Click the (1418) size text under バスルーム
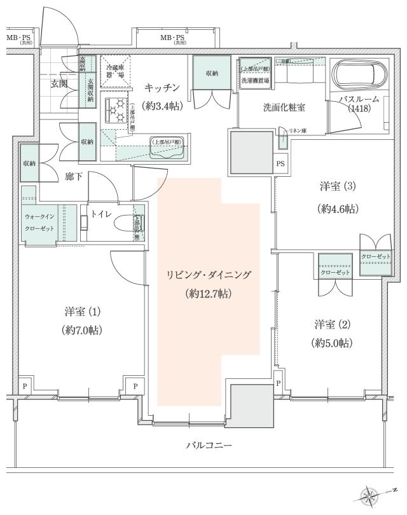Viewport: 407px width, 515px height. pyautogui.click(x=359, y=109)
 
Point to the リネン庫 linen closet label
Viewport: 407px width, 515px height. pyautogui.click(x=296, y=130)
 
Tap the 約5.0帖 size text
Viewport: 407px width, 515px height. pyautogui.click(x=332, y=343)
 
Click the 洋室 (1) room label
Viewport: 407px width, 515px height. pyautogui.click(x=83, y=312)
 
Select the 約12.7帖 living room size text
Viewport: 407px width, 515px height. pyautogui.click(x=209, y=294)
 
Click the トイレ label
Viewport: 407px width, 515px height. pyautogui.click(x=102, y=215)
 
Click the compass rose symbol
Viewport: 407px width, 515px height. pyautogui.click(x=373, y=493)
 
